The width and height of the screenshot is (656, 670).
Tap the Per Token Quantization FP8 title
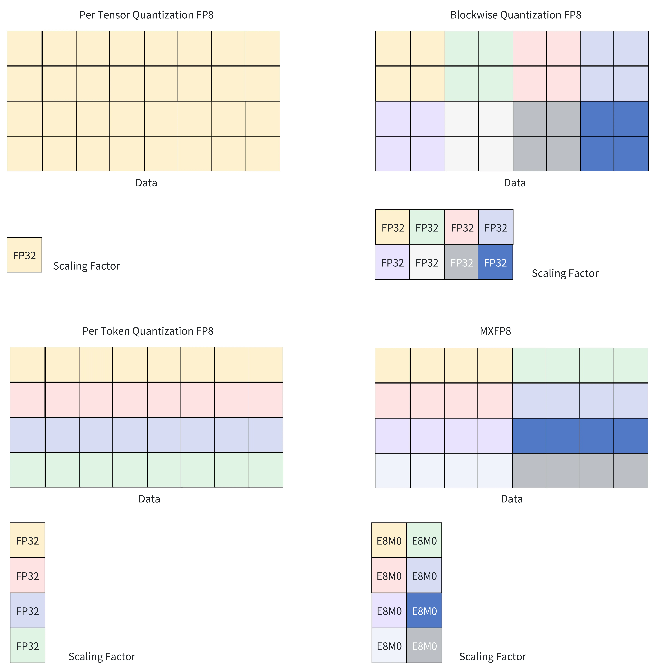[x=148, y=331]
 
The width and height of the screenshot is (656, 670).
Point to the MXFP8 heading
[x=495, y=331]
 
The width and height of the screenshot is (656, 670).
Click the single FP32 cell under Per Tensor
[x=25, y=255]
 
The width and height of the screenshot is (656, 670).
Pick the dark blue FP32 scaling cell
[x=495, y=262]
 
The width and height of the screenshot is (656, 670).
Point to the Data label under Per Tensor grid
[x=146, y=183]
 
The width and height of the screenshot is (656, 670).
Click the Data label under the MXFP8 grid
[x=512, y=499]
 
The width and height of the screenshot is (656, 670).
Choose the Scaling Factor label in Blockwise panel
[x=565, y=273]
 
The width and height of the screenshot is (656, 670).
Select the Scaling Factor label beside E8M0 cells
[x=493, y=657]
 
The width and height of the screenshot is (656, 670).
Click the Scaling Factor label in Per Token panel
[x=102, y=657]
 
